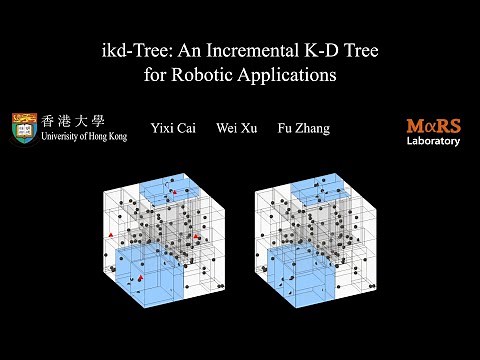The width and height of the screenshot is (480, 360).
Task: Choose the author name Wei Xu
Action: (x=232, y=129)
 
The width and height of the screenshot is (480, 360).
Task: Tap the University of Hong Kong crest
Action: (x=26, y=128)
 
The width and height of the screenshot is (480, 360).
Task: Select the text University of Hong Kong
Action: (x=84, y=137)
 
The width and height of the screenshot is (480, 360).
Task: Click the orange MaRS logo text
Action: (x=433, y=126)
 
